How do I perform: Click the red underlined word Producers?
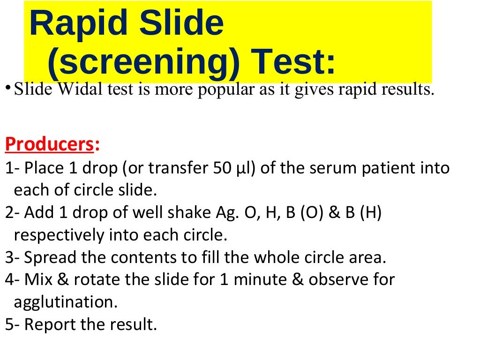click(49, 145)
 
